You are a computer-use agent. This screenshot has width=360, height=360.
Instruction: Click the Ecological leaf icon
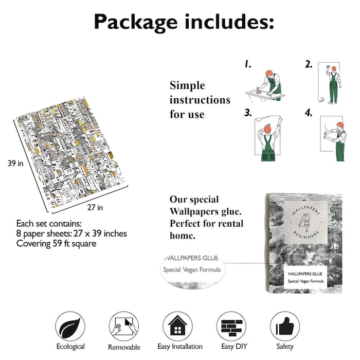pyautogui.click(x=70, y=326)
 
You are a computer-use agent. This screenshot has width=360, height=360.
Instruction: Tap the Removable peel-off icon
pyautogui.click(x=124, y=326)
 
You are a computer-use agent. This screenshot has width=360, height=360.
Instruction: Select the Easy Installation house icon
pyautogui.click(x=178, y=326)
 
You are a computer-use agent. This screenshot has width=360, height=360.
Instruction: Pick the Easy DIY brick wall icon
pyautogui.click(x=231, y=326)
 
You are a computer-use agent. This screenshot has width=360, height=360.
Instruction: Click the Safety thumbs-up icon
pyautogui.click(x=285, y=326)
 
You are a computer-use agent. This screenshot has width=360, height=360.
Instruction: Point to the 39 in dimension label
pyautogui.click(x=15, y=163)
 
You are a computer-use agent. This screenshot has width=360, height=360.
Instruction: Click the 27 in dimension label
pyautogui.click(x=95, y=207)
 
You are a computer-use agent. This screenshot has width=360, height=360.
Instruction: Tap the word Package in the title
pyautogui.click(x=136, y=22)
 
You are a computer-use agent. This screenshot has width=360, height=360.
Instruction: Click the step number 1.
pyautogui.click(x=248, y=64)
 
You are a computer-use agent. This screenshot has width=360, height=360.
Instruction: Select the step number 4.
pyautogui.click(x=309, y=113)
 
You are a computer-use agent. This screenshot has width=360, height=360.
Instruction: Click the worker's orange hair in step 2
pyautogui.click(x=334, y=68)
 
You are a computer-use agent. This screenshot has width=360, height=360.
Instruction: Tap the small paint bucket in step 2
pyautogui.click(x=322, y=99)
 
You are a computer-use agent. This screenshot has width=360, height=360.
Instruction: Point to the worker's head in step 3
pyautogui.click(x=267, y=129)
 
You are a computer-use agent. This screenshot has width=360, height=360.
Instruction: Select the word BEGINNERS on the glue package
pyautogui.click(x=307, y=235)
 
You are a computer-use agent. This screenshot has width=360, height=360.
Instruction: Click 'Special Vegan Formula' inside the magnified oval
pyautogui.click(x=192, y=269)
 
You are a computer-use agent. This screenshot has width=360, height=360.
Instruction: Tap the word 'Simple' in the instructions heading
pyautogui.click(x=187, y=85)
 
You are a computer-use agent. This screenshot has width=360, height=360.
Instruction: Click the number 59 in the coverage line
pyautogui.click(x=57, y=243)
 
